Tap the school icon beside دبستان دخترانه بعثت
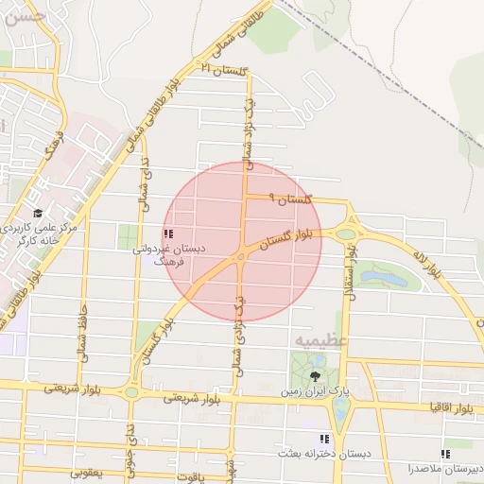324,440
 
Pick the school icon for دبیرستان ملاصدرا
445,455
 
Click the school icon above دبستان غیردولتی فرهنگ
167,233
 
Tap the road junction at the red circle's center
243,253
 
